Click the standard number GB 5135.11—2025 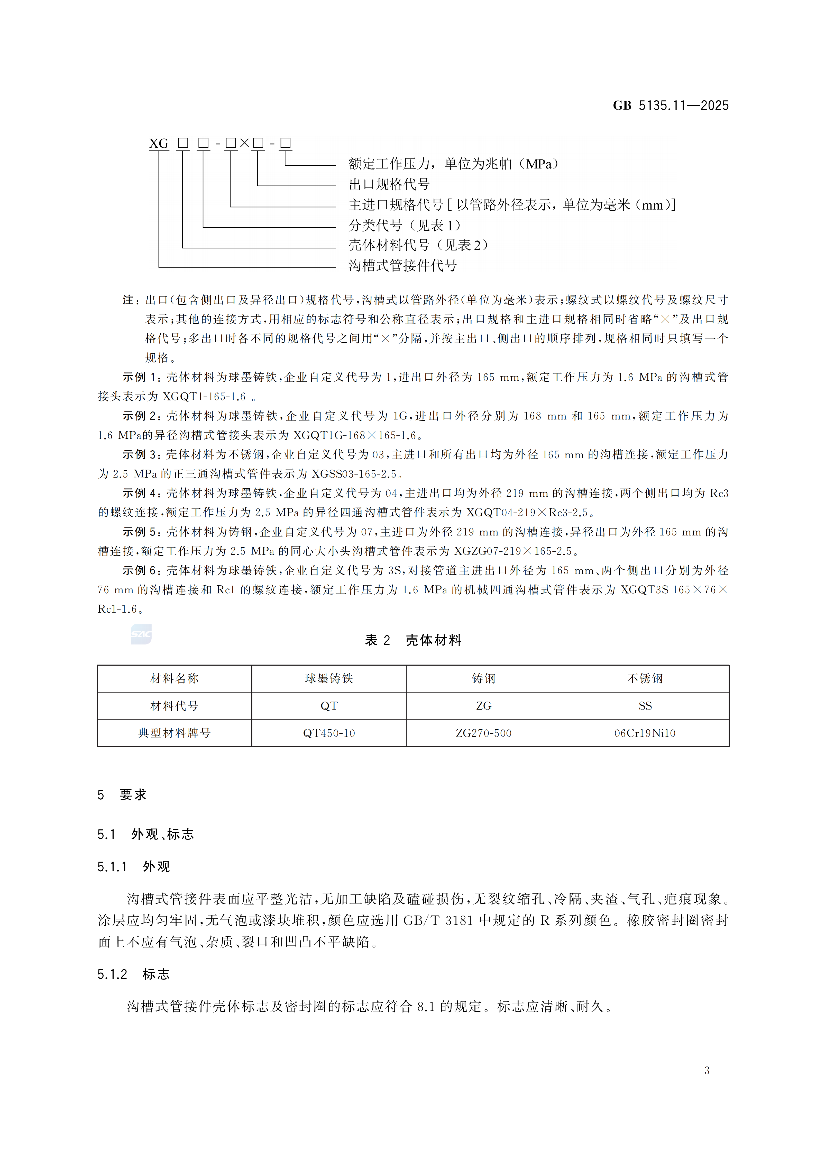click(x=670, y=106)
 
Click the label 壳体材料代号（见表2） click(x=418, y=246)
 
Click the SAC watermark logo click(x=141, y=634)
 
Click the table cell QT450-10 click(x=329, y=733)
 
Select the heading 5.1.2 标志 click(x=133, y=974)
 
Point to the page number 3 click(x=707, y=1070)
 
